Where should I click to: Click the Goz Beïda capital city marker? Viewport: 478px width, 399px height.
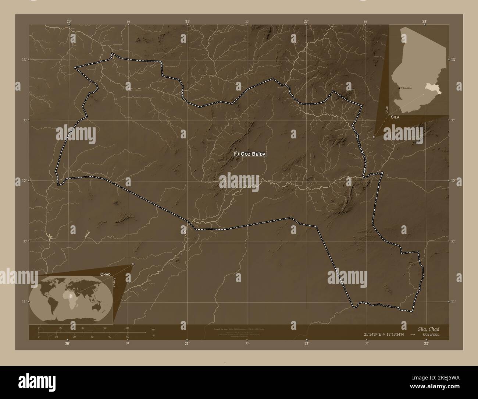236,154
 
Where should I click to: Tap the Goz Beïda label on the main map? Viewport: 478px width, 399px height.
253,154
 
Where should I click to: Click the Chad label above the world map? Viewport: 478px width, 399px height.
106,274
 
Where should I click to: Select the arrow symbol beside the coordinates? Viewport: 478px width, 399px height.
413,335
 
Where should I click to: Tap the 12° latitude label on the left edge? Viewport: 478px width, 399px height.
24,180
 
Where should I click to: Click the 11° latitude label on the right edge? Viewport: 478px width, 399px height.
453,301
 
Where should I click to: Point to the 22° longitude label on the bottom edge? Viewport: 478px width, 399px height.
306,343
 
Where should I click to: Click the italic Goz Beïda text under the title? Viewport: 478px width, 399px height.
431,335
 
